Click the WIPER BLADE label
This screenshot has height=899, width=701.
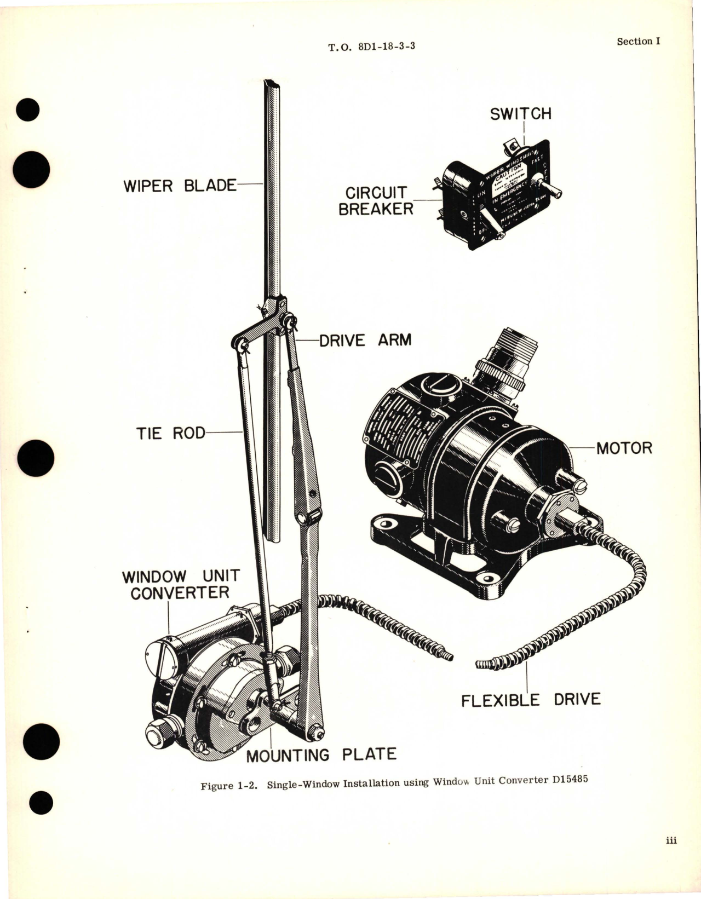(180, 186)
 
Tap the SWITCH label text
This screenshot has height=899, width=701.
(520, 114)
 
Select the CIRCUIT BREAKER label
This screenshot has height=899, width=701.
(375, 200)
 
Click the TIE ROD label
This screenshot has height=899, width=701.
(170, 433)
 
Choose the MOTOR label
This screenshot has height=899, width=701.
(624, 448)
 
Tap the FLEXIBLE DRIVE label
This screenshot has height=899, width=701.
(530, 699)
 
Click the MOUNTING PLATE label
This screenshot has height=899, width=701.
(321, 756)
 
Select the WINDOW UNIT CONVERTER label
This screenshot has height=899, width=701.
(180, 584)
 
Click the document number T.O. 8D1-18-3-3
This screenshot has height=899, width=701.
(372, 47)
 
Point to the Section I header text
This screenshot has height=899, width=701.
(638, 42)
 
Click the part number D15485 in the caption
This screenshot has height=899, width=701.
(570, 779)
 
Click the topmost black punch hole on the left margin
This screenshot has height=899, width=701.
(27, 110)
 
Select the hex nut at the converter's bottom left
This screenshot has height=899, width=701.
(157, 732)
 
